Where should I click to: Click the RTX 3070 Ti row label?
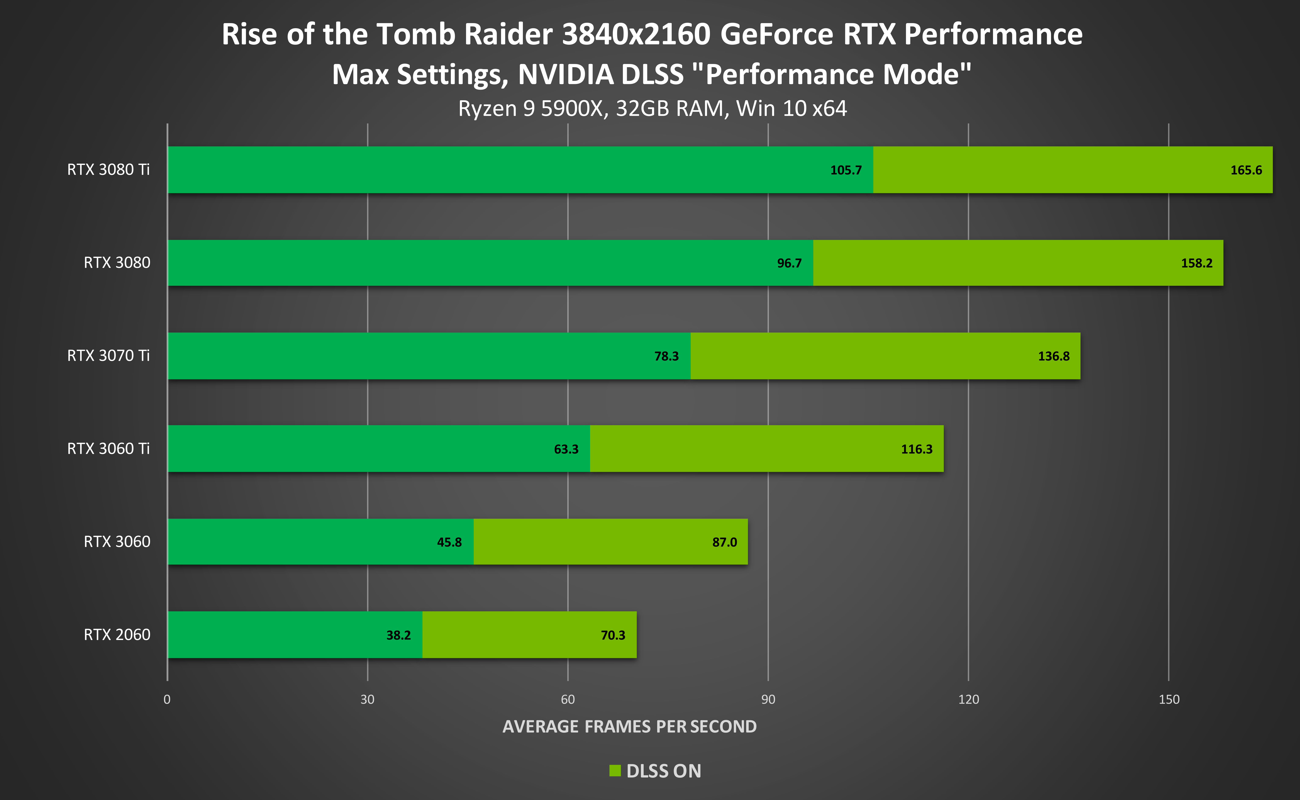pos(108,355)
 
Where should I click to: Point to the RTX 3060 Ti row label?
pos(108,449)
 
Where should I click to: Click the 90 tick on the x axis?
pos(768,700)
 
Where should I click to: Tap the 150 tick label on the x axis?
pos(1168,700)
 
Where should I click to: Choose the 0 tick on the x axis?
pos(167,700)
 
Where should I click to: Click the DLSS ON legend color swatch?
pos(614,770)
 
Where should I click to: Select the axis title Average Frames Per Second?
pos(629,726)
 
